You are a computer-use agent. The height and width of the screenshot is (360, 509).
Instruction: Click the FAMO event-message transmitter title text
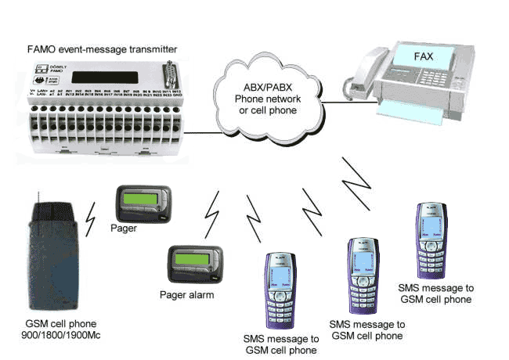pyautogui.click(x=99, y=50)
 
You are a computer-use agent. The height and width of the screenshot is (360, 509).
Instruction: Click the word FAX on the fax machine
pyautogui.click(x=445, y=56)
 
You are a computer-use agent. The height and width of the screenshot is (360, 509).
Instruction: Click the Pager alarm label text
pyautogui.click(x=186, y=295)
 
